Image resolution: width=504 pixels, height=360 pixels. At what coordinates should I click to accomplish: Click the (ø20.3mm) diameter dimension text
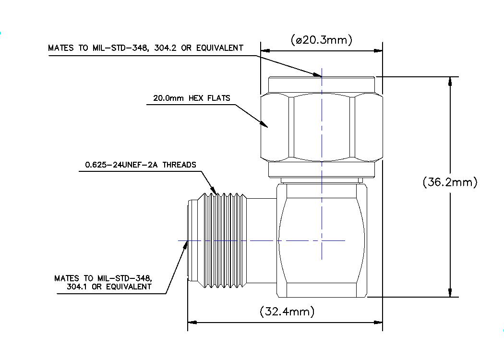(322, 40)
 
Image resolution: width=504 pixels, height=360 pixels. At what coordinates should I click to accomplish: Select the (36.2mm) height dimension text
(450, 182)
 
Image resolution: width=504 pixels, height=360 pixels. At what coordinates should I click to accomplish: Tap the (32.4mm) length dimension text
(287, 312)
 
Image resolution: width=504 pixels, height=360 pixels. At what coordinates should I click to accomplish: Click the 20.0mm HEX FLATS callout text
(192, 98)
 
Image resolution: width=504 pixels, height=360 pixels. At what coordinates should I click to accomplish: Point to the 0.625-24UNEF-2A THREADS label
(141, 165)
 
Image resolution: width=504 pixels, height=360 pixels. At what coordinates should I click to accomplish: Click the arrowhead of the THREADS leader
(215, 192)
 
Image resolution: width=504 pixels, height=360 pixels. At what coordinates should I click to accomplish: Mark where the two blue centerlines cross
(322, 240)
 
